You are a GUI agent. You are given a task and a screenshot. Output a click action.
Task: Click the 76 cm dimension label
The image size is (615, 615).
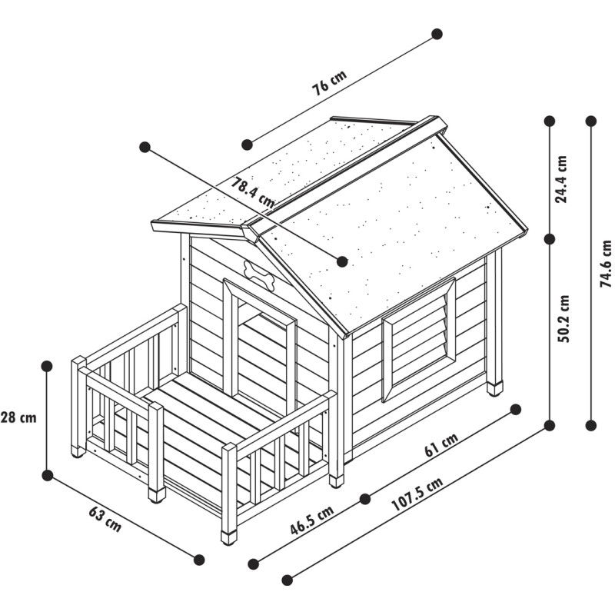330,83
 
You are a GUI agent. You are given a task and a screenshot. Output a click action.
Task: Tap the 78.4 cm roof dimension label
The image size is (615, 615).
252,192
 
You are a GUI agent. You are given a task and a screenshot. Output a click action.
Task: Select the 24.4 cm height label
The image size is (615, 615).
562,179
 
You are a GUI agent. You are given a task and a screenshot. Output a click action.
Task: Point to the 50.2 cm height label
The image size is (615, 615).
563,318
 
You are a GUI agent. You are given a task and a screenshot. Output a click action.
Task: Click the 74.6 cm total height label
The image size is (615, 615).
606,264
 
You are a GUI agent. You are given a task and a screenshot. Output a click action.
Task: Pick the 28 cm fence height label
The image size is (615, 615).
18,417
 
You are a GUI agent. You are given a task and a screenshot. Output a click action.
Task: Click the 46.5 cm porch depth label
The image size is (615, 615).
312,520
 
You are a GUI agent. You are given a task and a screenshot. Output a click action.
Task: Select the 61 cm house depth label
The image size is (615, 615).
441,445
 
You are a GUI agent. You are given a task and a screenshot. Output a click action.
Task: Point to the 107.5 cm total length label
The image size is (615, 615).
417,494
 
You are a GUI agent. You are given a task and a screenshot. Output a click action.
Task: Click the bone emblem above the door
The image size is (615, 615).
259,275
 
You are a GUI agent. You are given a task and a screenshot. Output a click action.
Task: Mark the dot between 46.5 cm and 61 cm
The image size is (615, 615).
364,499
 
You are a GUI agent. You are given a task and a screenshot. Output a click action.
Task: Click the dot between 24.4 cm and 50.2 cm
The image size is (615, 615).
550,239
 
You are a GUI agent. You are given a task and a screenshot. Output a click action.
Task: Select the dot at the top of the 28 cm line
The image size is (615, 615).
47,367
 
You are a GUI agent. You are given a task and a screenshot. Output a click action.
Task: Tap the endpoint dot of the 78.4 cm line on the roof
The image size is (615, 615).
342,261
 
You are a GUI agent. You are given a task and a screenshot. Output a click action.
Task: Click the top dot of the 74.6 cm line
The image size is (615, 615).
590,121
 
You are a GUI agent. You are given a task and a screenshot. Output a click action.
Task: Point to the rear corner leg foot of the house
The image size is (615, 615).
494,389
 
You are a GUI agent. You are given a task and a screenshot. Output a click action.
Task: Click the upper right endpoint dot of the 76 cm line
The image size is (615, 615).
437,34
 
